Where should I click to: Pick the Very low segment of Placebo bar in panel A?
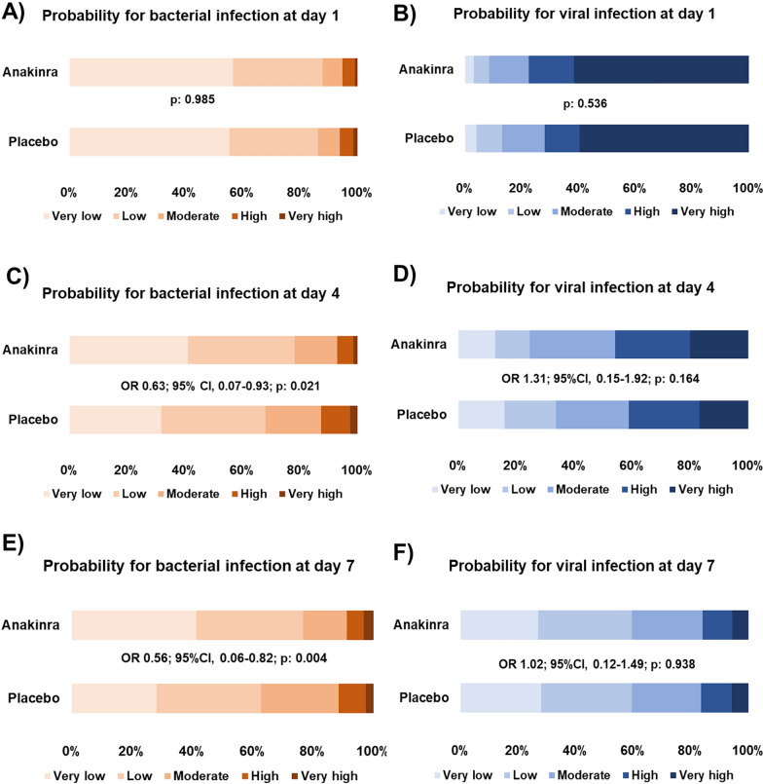[149, 142]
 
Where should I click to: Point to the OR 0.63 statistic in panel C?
[212, 385]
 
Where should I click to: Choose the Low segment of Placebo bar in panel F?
[586, 697]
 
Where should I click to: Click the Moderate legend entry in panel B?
[581, 211]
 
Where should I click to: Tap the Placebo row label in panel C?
[34, 419]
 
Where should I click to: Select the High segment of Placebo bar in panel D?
[663, 414]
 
